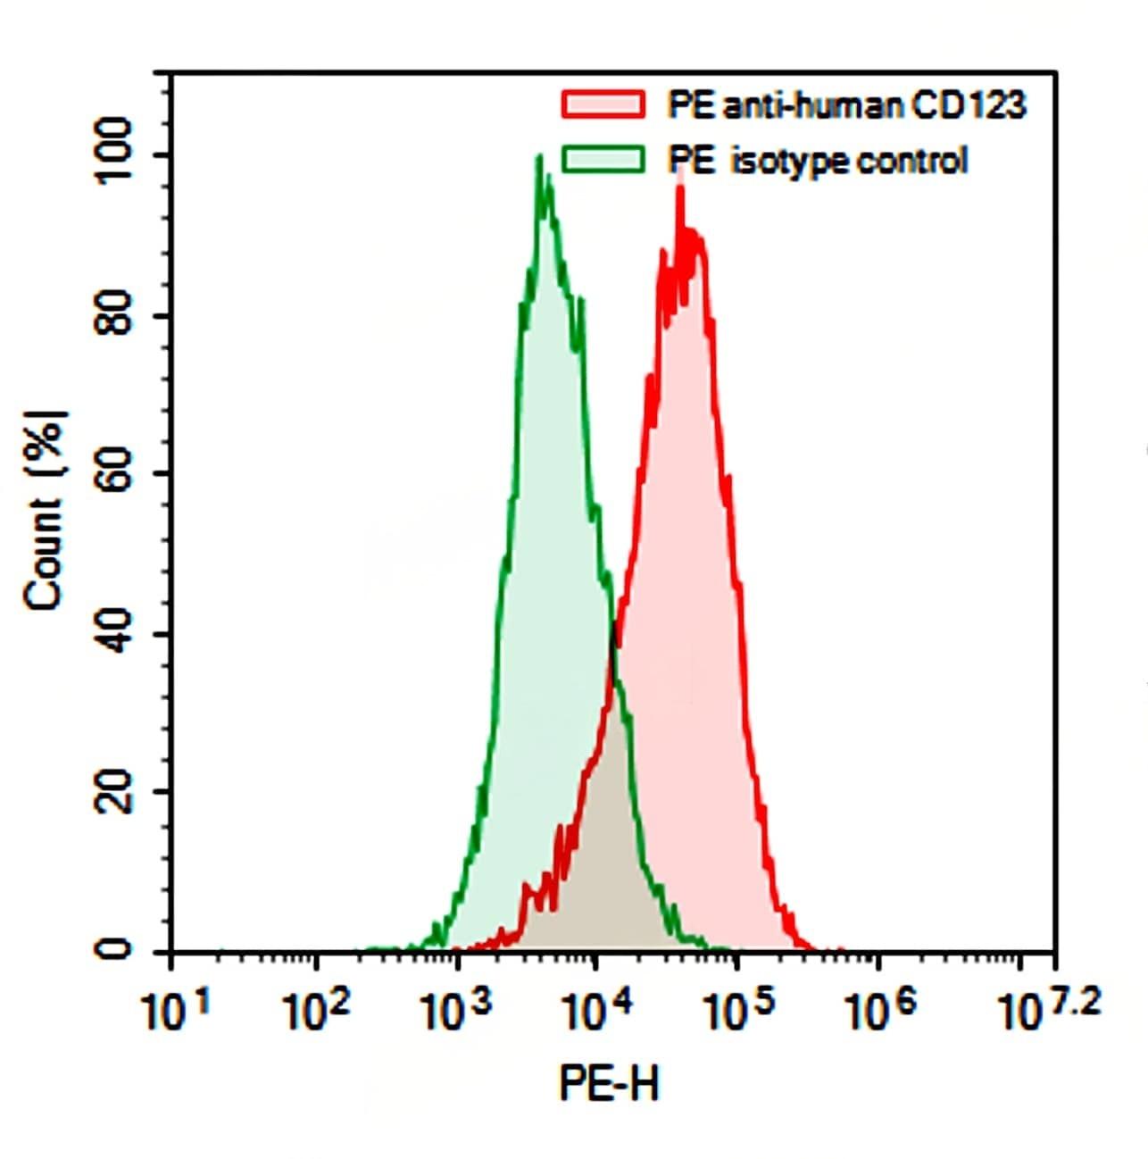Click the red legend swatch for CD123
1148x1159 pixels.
tap(603, 104)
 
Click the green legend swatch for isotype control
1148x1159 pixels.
tap(603, 160)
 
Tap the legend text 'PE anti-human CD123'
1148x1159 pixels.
tap(846, 105)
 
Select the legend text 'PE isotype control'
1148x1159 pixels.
tap(818, 161)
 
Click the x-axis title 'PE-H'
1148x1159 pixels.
tap(610, 1083)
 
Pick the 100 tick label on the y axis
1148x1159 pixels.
tap(115, 155)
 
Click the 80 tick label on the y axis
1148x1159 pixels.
tap(115, 315)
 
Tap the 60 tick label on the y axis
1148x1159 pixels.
tap(115, 474)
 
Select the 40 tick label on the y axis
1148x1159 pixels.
tap(115, 634)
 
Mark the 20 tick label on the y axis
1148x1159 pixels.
tap(115, 792)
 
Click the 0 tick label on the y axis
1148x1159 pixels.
tap(115, 950)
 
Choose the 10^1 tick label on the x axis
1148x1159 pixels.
tap(176, 1012)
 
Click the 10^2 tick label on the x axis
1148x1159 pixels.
tap(316, 1012)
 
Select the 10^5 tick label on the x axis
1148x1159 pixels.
tap(737, 1012)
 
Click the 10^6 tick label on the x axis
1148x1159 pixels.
tap(878, 1012)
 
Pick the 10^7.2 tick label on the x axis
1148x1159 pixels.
tap(1050, 1009)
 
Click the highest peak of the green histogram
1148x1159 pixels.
tap(539, 157)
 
